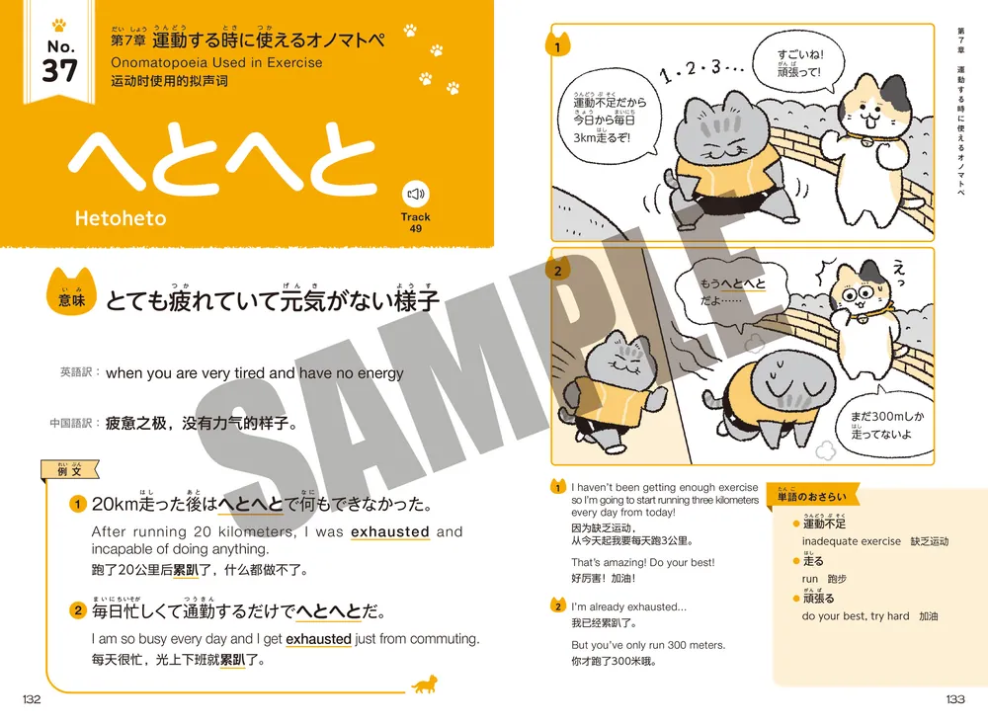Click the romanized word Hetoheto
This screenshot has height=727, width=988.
(121, 217)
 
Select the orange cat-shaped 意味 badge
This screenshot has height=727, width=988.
(73, 297)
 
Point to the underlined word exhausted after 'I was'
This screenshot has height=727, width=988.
(390, 531)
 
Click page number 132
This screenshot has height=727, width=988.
(32, 699)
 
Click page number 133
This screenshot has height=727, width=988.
(954, 699)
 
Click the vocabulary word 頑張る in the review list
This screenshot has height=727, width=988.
(819, 599)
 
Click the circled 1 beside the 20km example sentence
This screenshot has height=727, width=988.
(77, 505)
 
